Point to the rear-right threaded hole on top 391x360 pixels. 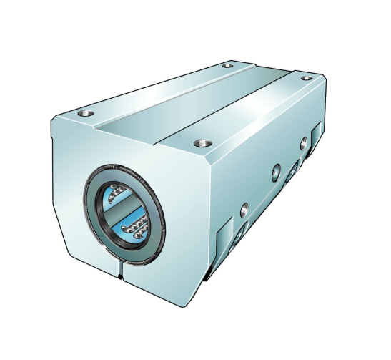307,77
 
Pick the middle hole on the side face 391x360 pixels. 276,171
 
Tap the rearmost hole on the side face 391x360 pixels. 304,140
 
